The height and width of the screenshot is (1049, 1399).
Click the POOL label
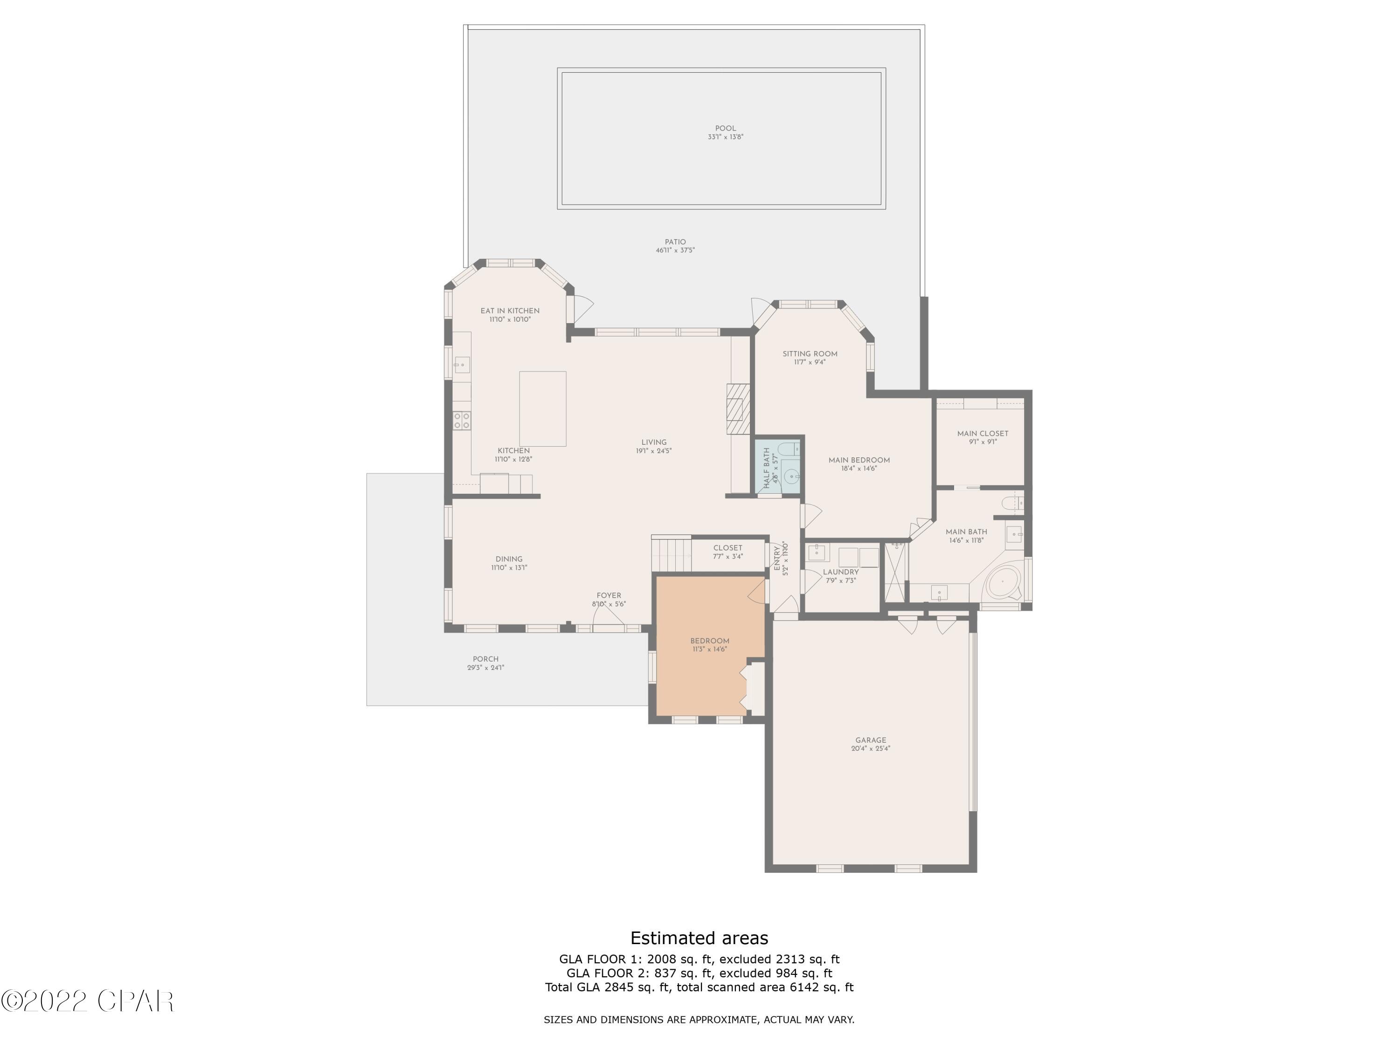tap(726, 128)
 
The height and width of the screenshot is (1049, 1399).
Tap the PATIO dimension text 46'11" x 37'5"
tap(675, 250)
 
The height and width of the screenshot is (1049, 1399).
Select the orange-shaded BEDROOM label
tap(710, 641)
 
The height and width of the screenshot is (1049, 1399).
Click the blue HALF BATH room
tap(779, 468)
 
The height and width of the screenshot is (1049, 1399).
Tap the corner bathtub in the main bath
tap(1003, 582)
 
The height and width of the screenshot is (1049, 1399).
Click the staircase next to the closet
tap(672, 554)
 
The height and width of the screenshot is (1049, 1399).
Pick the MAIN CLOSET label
tap(982, 434)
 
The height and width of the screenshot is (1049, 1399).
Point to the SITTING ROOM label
tap(810, 354)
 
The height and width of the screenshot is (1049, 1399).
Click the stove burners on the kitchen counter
tap(462, 421)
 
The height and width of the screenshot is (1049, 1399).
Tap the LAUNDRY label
tap(840, 572)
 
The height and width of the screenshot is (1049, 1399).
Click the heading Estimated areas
tap(699, 938)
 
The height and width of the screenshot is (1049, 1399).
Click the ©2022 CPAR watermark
tap(87, 1001)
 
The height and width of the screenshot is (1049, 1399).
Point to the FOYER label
tap(609, 596)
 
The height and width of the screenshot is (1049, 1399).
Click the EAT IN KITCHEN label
tap(510, 311)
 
